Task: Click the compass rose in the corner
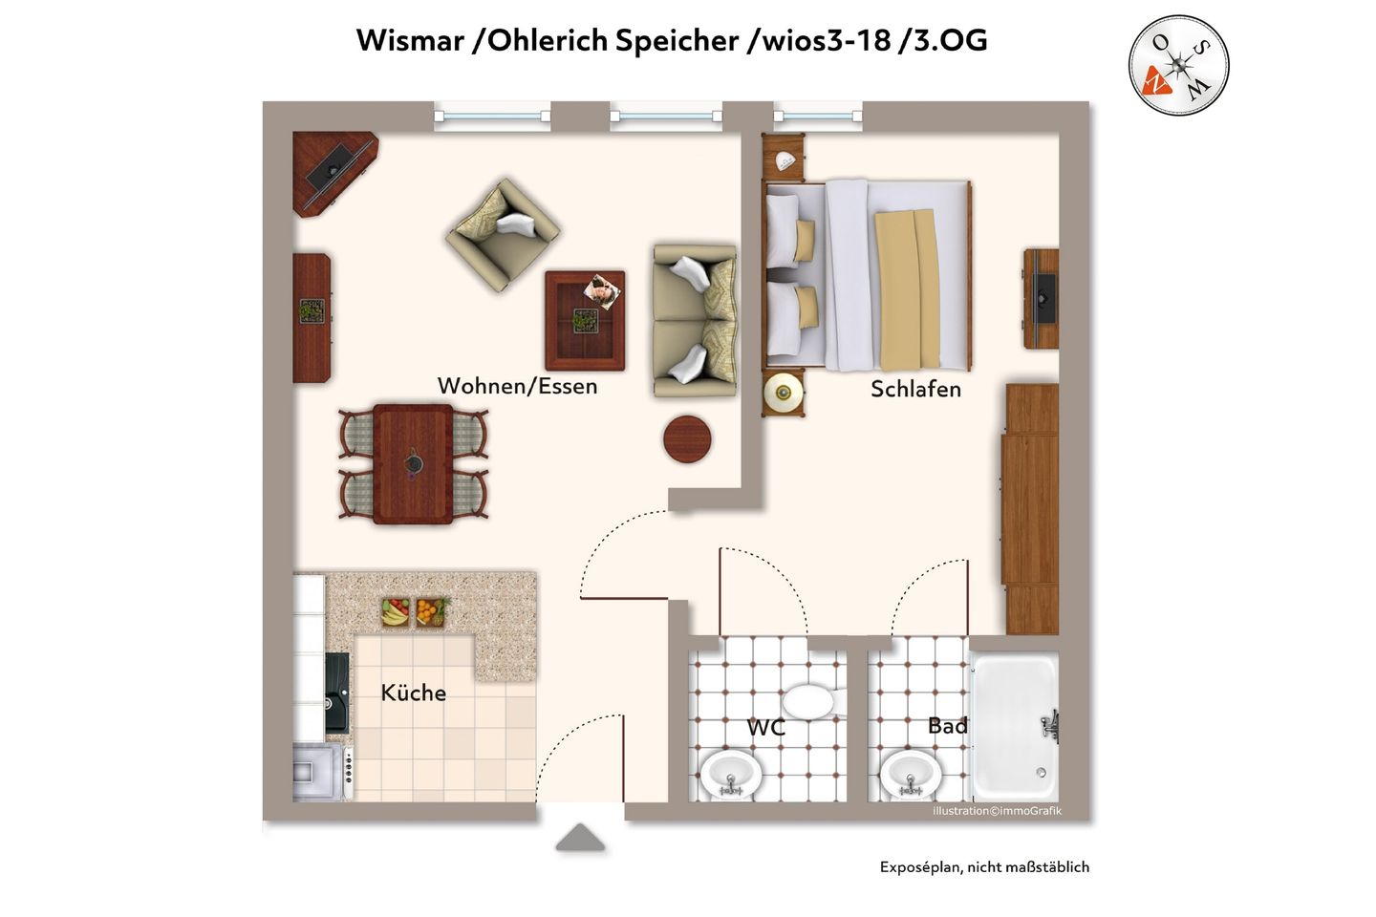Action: [1178, 65]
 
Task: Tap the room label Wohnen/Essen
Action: [517, 386]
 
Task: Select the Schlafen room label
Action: [915, 390]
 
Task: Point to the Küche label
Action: [414, 693]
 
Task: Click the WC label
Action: [766, 728]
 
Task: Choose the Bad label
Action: [947, 726]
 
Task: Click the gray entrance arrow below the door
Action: [580, 838]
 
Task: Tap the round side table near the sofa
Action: [687, 439]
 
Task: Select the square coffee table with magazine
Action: [585, 321]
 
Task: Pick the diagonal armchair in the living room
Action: [503, 235]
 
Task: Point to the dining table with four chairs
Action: [413, 464]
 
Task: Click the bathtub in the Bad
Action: [1015, 727]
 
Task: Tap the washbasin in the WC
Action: [731, 775]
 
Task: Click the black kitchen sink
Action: [336, 693]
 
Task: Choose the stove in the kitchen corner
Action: [322, 773]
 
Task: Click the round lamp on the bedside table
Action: [784, 392]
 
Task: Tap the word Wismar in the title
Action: [410, 41]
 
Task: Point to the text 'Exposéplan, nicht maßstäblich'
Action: [984, 867]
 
